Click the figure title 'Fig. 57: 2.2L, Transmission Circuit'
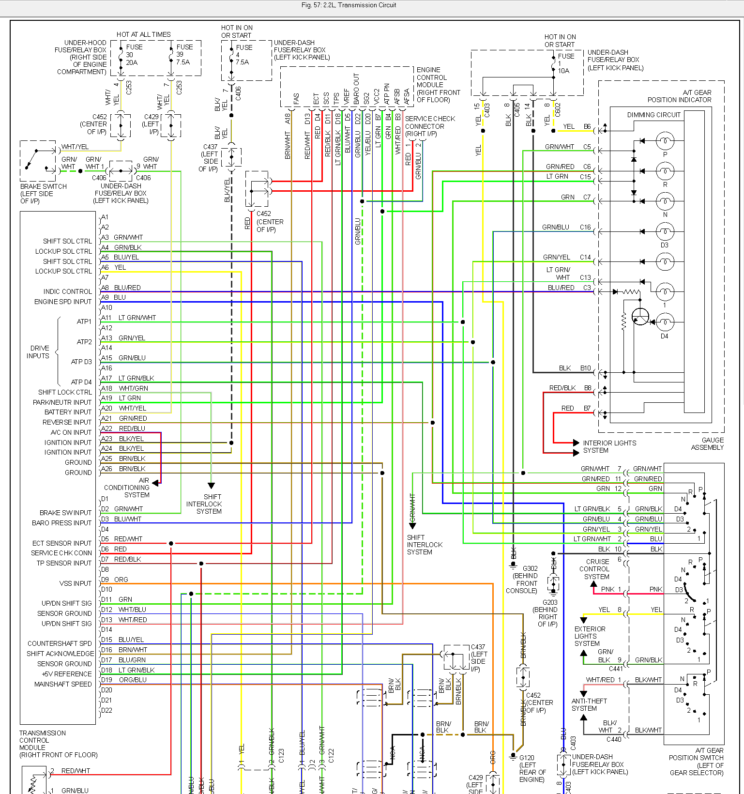(349, 5)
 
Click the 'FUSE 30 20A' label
(134, 55)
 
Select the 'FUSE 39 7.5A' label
(184, 55)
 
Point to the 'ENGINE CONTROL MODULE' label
(438, 85)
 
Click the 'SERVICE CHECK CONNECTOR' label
(430, 126)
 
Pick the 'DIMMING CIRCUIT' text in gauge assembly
(653, 115)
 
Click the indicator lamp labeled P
(665, 141)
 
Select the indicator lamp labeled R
(665, 171)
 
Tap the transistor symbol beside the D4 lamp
(640, 317)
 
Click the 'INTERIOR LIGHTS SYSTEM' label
(609, 446)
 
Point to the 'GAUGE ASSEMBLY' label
(707, 443)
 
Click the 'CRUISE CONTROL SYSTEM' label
(597, 569)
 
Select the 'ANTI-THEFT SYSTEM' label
(589, 704)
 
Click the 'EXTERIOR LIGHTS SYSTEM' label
(589, 636)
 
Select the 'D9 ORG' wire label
(115, 580)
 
